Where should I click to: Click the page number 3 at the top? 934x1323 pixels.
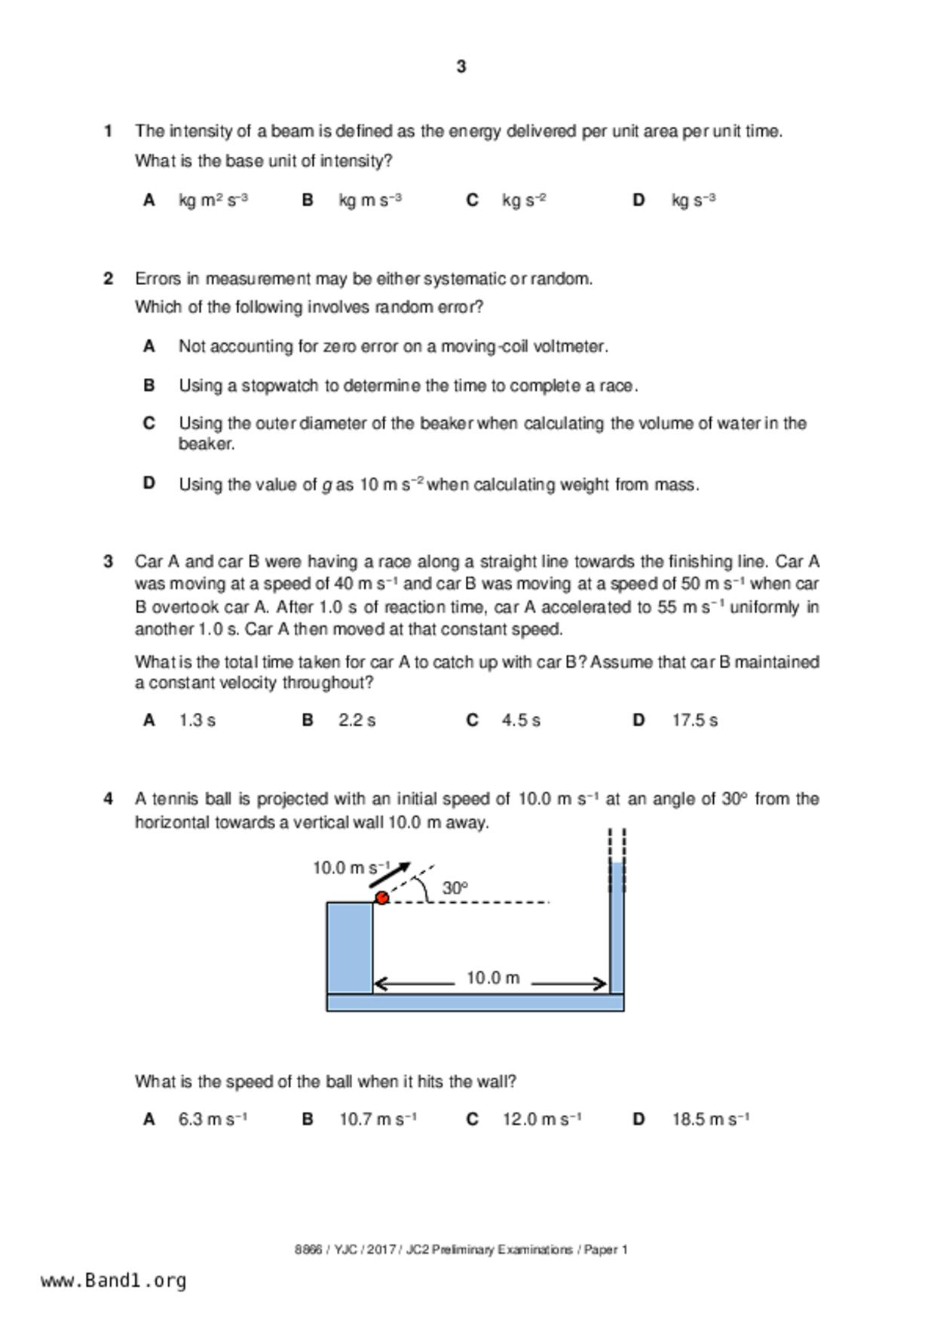(x=461, y=67)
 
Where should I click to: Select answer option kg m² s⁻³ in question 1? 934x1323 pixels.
(x=213, y=201)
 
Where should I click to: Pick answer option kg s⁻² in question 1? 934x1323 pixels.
(x=524, y=201)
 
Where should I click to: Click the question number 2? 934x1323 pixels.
(x=109, y=279)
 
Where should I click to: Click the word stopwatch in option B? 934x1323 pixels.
(x=282, y=386)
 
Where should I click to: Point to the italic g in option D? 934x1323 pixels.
(x=327, y=486)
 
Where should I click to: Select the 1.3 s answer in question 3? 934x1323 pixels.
(x=197, y=721)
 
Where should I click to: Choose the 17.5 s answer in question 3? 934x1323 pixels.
(x=694, y=721)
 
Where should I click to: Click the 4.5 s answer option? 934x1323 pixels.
(x=521, y=721)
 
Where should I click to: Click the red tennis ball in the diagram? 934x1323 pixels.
(x=382, y=898)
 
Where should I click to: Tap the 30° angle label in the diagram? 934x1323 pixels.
(x=455, y=889)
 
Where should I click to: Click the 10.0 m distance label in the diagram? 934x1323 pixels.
(x=493, y=978)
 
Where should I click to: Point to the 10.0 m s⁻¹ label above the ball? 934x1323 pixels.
(x=351, y=868)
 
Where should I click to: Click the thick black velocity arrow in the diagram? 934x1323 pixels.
(x=390, y=875)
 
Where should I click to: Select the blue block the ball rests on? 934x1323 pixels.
(x=349, y=947)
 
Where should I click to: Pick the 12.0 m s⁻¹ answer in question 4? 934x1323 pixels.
(x=541, y=1120)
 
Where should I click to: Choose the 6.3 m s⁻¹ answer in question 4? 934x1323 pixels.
(x=213, y=1120)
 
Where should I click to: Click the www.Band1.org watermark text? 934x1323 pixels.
(x=114, y=1281)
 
